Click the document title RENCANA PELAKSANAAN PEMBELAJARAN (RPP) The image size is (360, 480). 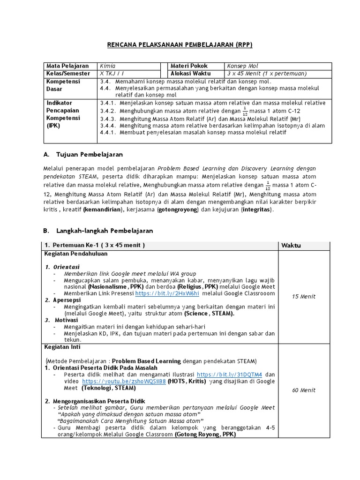[180, 45]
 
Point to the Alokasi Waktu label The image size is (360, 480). [191, 74]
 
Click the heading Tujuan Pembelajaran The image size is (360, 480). [90, 154]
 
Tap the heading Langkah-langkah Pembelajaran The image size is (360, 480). [104, 231]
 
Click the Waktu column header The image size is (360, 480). [291, 246]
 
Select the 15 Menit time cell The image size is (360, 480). [304, 296]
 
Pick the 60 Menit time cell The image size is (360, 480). [304, 390]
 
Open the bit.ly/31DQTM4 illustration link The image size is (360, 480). [229, 375]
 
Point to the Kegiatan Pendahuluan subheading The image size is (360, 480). [76, 254]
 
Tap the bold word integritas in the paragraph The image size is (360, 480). [256, 210]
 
